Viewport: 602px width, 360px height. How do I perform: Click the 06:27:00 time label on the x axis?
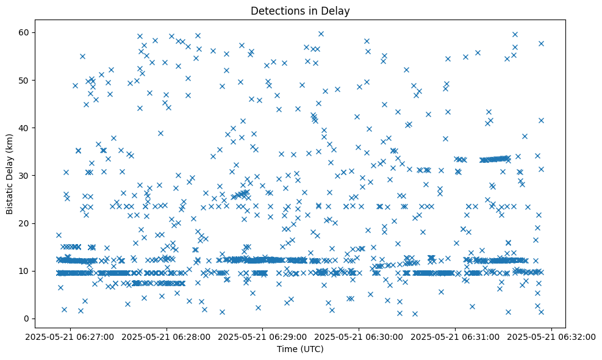tap(70, 336)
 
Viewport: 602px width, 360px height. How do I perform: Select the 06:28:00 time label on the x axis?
tap(167, 336)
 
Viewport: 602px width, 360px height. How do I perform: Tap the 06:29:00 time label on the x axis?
tap(263, 336)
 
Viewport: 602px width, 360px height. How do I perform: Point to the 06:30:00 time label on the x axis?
tap(359, 336)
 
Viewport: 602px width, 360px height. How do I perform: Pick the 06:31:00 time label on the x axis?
tap(456, 336)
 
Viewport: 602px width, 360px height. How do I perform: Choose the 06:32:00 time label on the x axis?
tap(552, 336)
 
